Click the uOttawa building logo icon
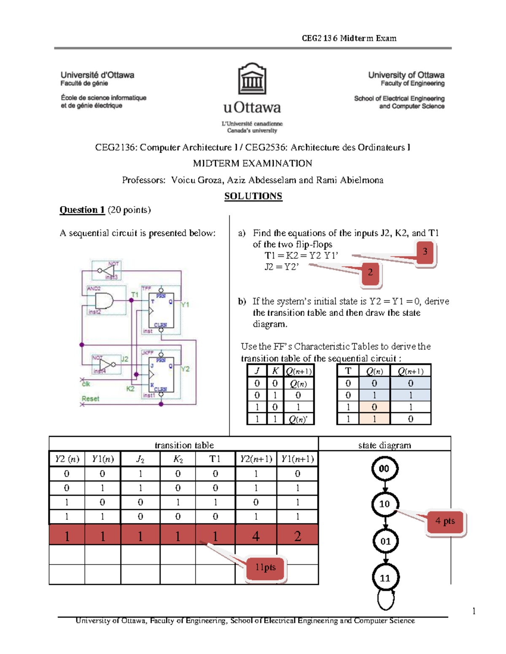(x=252, y=79)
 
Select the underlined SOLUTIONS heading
(x=253, y=196)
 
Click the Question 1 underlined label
(x=82, y=210)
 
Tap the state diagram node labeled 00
(x=384, y=469)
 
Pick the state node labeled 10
(x=384, y=504)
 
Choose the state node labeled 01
(x=385, y=541)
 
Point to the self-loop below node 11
(x=386, y=599)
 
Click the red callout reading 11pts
(x=266, y=568)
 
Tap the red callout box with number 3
(x=425, y=252)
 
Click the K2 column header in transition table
(x=178, y=459)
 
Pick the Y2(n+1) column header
(x=256, y=459)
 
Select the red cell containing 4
(x=256, y=536)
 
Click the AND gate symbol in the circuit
(x=104, y=301)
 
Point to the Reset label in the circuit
(x=91, y=398)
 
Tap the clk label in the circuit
(x=86, y=384)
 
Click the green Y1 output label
(x=185, y=304)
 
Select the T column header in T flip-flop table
(x=348, y=371)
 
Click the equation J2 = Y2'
(x=281, y=267)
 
